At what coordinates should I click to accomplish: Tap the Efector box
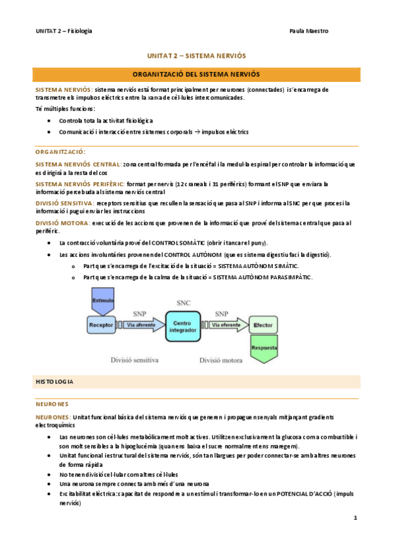coord(263,325)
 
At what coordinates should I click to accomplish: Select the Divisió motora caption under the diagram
coord(222,359)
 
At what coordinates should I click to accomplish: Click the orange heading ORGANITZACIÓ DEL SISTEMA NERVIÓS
coord(196,74)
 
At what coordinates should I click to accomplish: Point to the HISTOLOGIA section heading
coord(54,381)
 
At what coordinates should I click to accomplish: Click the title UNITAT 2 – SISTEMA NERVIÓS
coord(197,56)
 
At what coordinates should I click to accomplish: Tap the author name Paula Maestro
coord(308,31)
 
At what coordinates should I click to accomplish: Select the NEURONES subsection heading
coord(52,404)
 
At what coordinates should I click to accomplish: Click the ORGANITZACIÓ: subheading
coord(60,151)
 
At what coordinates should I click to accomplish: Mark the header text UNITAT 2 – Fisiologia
coord(64,31)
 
